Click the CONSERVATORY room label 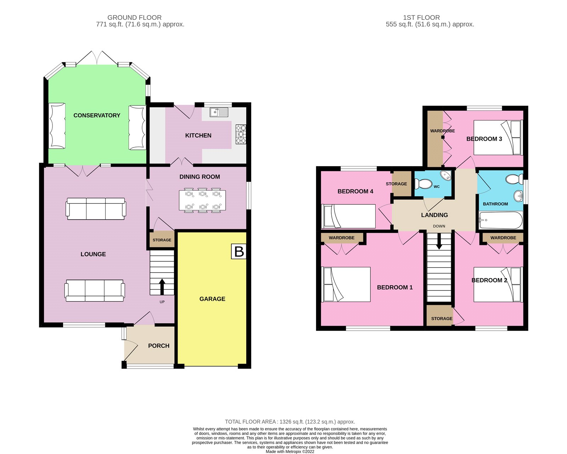97,115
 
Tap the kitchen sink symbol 219,112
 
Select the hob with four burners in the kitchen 241,134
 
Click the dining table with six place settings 202,201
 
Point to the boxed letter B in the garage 239,251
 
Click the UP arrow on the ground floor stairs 162,286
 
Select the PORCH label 158,346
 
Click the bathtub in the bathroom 500,221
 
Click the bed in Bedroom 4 348,216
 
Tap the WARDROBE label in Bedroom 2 503,238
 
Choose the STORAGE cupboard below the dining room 162,240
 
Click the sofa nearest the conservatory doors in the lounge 96,208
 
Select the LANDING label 434,215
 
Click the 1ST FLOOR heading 421,17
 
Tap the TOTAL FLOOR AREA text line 290,422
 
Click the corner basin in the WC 445,175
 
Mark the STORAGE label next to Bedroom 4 396,184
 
